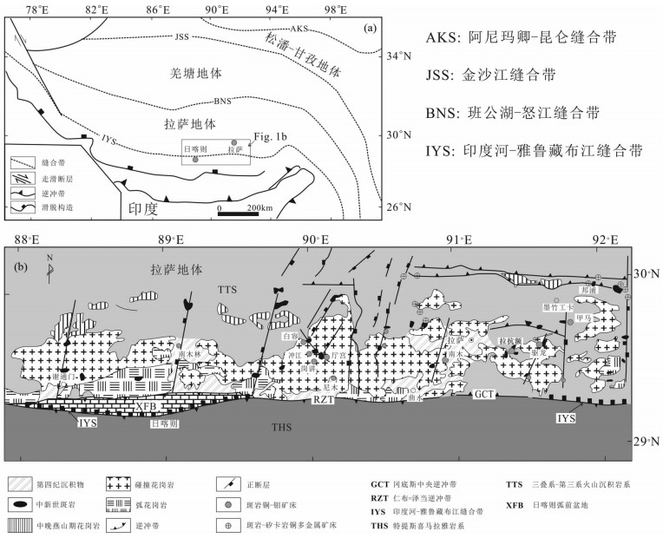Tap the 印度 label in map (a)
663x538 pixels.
tap(143, 208)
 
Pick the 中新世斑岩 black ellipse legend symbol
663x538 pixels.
tap(22, 501)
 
